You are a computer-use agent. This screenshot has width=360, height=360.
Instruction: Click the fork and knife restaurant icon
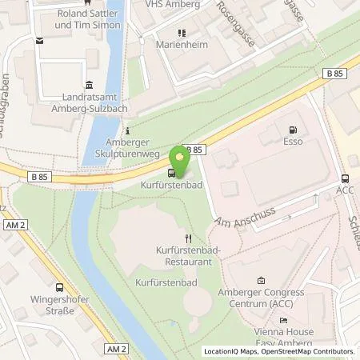pos(188,238)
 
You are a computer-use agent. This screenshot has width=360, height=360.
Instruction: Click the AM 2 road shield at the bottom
pos(117,350)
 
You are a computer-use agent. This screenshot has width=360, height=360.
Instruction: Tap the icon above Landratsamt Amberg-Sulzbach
pos(87,86)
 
